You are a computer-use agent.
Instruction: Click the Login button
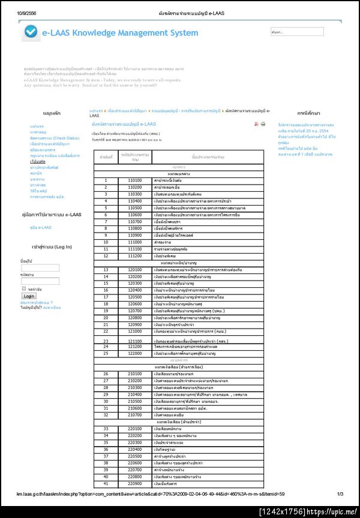29,296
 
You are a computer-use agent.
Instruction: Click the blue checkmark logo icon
30,34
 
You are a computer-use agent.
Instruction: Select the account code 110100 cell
134,180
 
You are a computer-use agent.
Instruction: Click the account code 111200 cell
134,256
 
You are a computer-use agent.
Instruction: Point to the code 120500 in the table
134,297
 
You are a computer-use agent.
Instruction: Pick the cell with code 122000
134,354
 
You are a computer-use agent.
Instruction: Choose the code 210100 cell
134,374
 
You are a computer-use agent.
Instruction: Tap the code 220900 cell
134,483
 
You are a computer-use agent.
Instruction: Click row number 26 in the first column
106,374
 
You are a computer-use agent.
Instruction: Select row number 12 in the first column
106,256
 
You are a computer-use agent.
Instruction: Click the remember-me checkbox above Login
24,288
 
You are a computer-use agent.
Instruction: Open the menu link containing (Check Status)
54,138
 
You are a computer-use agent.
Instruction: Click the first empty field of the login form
40,267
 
